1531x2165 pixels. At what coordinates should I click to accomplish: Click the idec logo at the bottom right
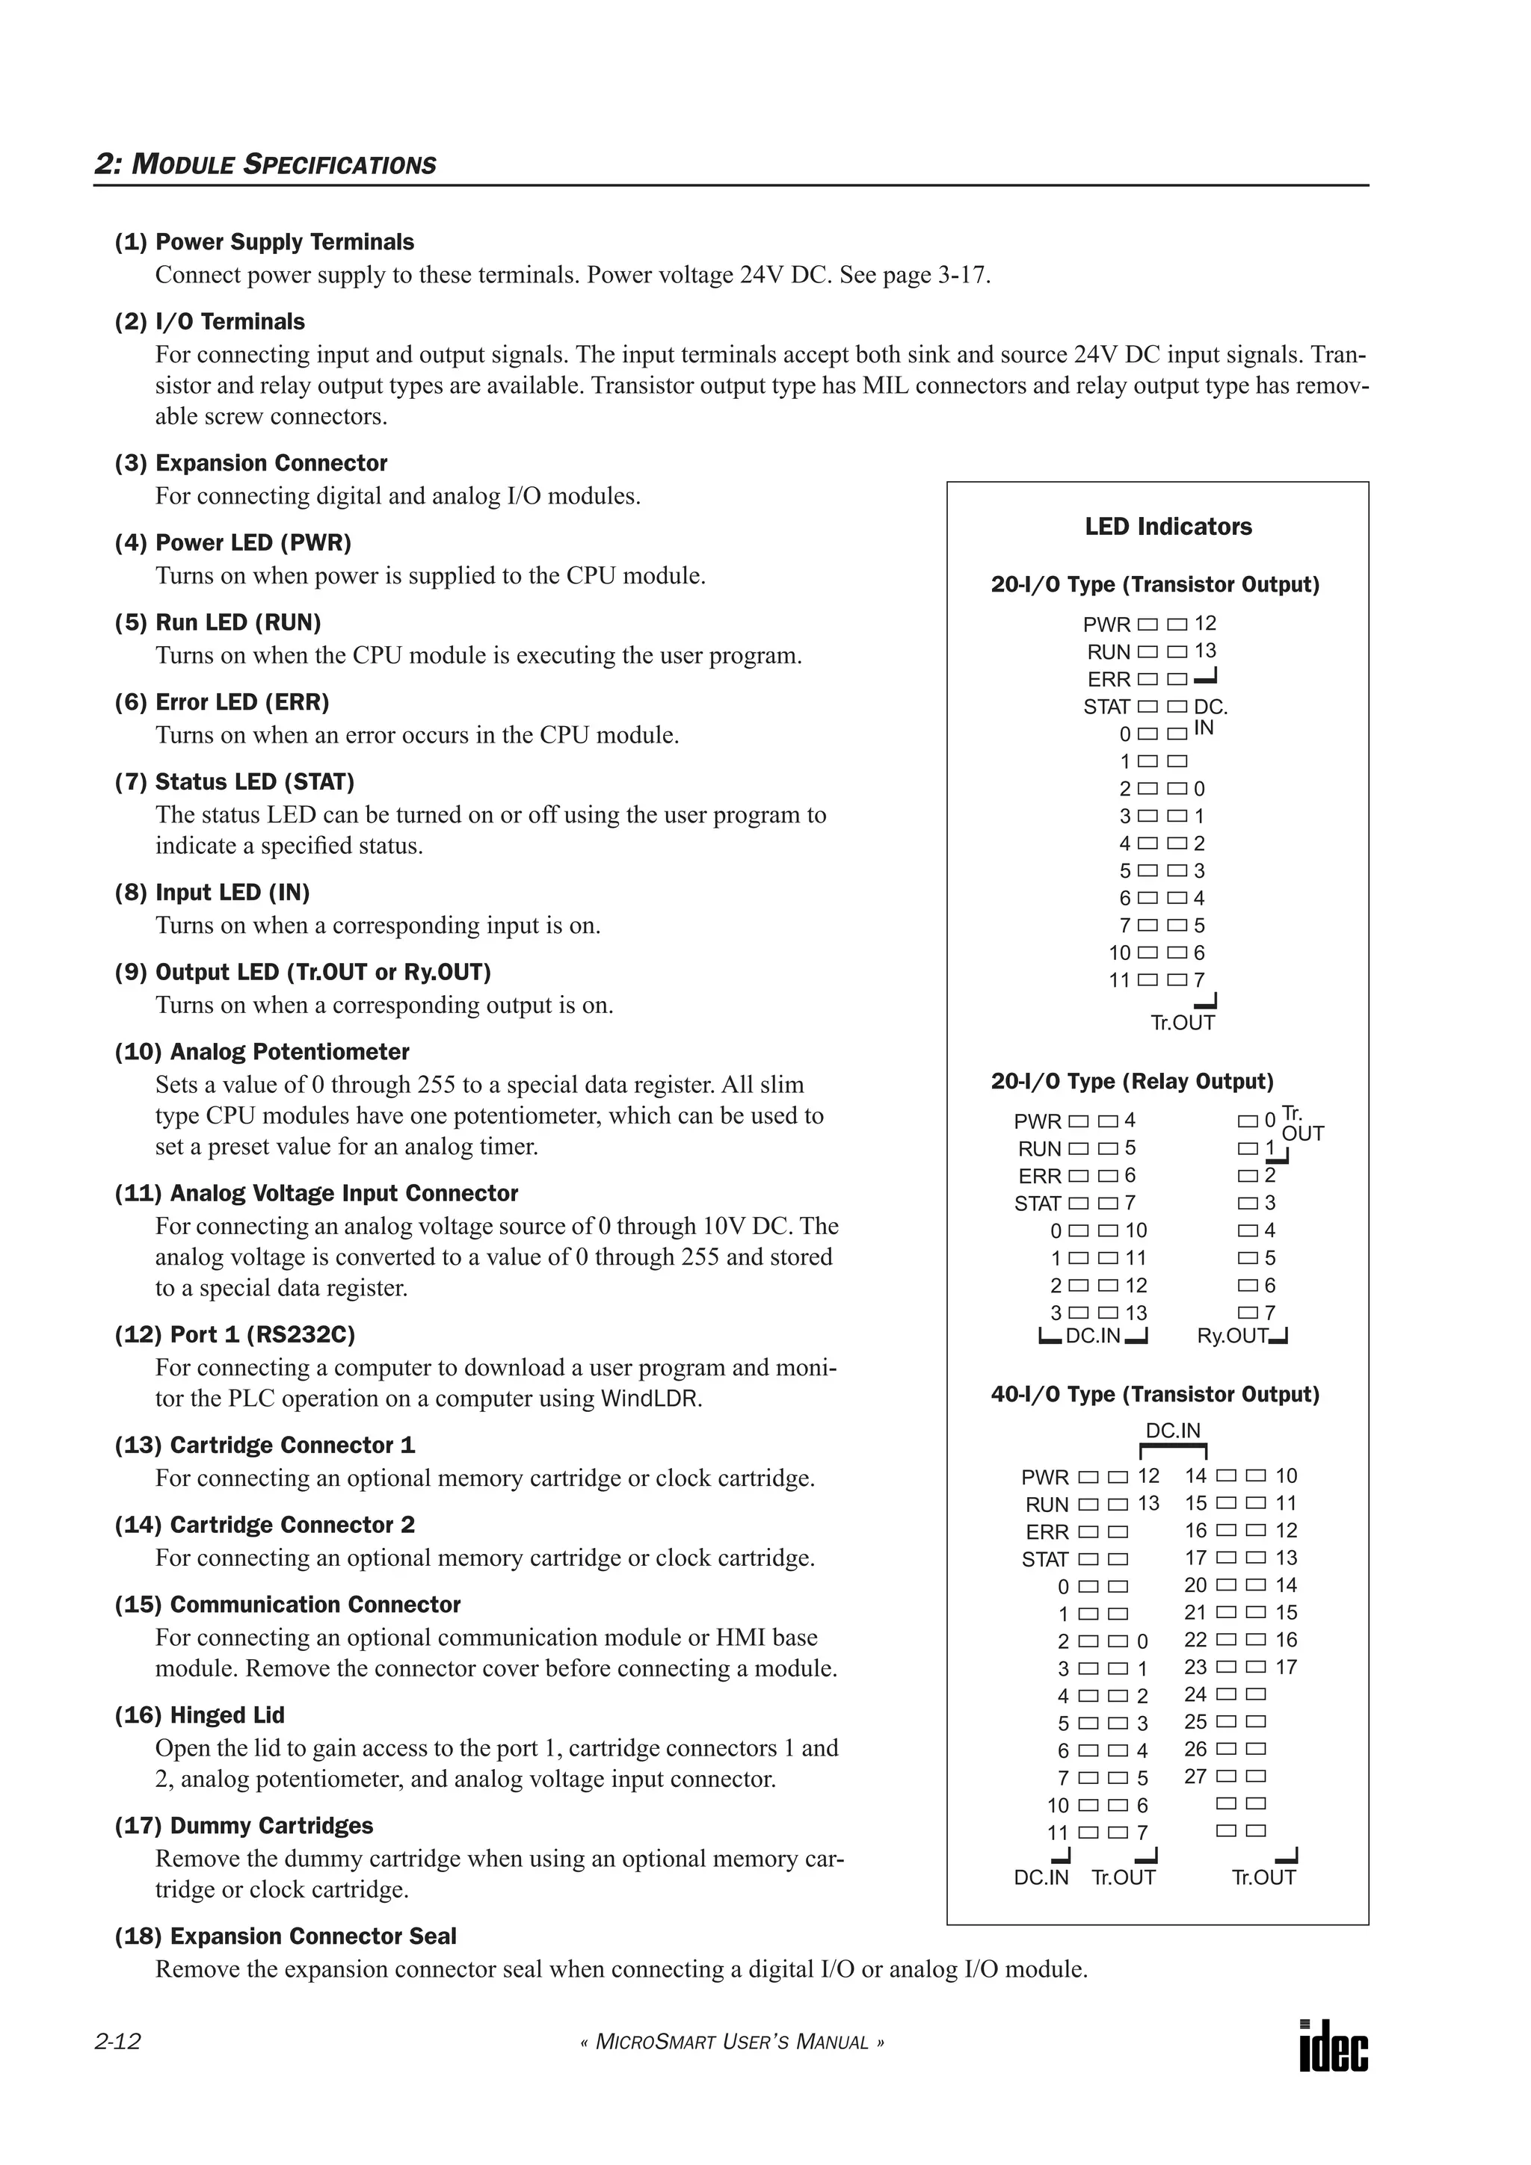(1333, 2047)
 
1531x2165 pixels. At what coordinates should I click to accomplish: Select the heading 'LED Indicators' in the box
(1168, 527)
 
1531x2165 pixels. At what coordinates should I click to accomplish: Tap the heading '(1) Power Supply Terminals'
(264, 242)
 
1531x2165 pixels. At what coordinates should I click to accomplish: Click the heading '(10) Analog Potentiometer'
(262, 1053)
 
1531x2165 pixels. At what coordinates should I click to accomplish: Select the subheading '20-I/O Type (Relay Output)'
(1131, 1082)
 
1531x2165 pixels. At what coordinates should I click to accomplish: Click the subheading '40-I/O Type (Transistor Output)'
(1155, 1395)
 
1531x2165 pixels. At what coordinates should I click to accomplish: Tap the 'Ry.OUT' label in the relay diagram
(1232, 1337)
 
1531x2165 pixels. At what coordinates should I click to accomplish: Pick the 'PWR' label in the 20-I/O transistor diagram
(1106, 625)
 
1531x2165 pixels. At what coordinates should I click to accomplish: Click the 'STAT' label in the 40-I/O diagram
(1044, 1561)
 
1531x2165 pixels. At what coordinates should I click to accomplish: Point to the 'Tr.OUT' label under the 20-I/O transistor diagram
(1182, 1023)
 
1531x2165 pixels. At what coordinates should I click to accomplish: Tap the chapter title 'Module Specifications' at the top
(265, 164)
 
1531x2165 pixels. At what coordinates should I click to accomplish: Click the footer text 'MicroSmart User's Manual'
(732, 2043)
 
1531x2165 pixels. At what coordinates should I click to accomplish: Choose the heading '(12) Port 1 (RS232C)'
(235, 1335)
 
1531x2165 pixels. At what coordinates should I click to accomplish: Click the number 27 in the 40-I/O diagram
(1195, 1777)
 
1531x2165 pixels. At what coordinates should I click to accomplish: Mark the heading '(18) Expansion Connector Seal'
(285, 1937)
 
